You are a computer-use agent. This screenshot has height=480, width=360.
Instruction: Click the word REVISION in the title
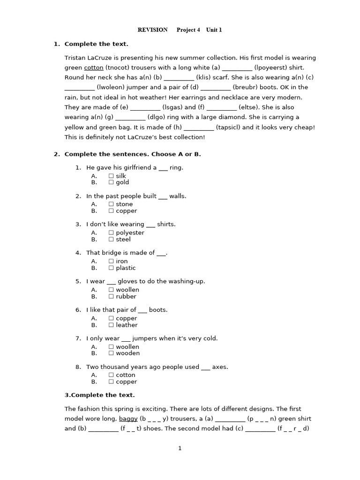(152, 30)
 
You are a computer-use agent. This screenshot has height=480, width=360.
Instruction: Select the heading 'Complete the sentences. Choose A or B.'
(132, 154)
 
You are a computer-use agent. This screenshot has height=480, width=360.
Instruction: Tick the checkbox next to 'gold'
(111, 183)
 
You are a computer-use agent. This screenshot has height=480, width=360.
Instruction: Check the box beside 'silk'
(111, 176)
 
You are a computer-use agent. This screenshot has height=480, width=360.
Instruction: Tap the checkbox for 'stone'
(111, 204)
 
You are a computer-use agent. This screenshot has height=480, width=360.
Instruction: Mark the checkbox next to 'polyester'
(111, 233)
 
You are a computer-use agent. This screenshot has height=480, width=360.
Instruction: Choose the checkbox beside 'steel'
(111, 240)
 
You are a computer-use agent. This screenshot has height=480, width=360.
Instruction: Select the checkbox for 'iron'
(111, 262)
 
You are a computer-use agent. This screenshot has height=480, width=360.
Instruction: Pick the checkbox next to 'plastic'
(111, 268)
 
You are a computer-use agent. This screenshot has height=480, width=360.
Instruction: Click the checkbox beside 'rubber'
(111, 297)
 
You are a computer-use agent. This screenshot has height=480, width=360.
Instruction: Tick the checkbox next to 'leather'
(111, 325)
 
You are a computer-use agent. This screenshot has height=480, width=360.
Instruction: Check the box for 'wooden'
(111, 353)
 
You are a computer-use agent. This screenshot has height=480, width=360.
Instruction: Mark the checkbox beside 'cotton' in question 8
(111, 375)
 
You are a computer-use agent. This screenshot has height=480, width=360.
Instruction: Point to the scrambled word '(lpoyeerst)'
(270, 67)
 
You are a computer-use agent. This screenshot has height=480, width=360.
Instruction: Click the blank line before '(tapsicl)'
(199, 127)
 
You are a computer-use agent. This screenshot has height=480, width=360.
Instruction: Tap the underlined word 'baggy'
(128, 419)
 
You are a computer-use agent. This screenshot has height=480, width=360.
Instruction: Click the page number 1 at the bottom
(180, 449)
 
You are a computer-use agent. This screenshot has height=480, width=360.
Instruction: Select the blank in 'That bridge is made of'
(161, 253)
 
